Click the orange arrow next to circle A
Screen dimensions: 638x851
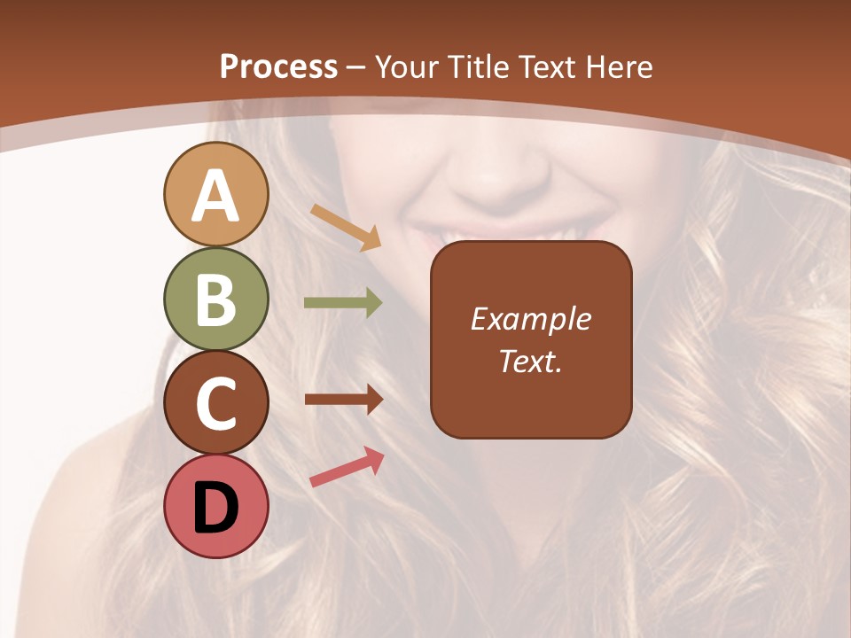click(x=346, y=227)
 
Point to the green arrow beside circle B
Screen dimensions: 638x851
click(x=343, y=303)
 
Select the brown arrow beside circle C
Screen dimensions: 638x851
click(x=343, y=400)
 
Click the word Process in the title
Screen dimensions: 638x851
click(x=278, y=67)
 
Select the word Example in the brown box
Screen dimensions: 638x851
click(x=530, y=320)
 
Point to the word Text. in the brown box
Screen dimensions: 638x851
click(x=530, y=362)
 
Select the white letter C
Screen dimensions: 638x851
click(x=215, y=403)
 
